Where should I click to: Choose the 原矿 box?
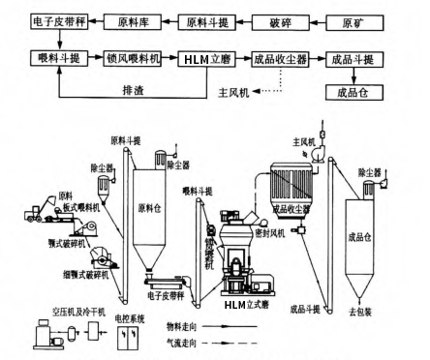tap(357, 18)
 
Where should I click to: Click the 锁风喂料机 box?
tap(131, 59)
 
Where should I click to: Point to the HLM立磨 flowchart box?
tap(206, 59)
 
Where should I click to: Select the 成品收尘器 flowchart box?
tap(280, 59)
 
